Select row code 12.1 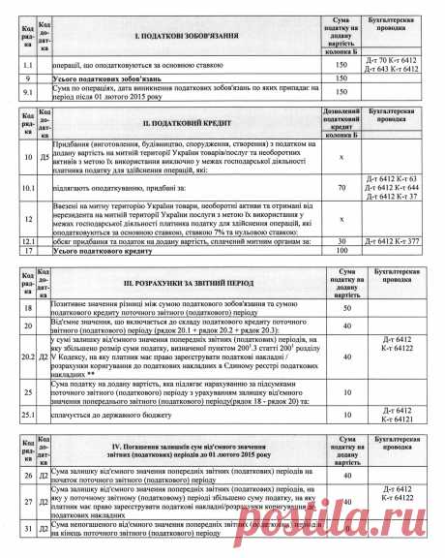(29, 240)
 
